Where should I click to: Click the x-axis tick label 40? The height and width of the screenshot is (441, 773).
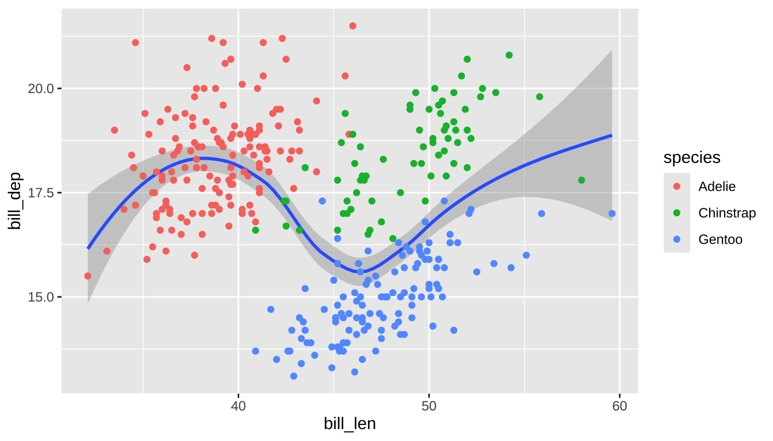coord(238,406)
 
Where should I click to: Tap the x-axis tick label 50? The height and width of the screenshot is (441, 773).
coord(429,406)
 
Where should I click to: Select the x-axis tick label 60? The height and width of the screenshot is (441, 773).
coord(619,406)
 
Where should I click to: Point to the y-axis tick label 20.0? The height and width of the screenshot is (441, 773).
coord(40,88)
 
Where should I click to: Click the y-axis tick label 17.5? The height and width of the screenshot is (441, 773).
coord(40,193)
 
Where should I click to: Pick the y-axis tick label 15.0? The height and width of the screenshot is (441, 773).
coord(40,297)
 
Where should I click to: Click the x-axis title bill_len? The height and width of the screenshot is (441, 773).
coord(350,424)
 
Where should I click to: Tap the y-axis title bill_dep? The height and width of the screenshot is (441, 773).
coord(16,201)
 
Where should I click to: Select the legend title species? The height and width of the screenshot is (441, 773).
coord(692,157)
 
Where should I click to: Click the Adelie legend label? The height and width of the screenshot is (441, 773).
coord(717,187)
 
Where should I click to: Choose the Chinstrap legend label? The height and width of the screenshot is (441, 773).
coord(727,213)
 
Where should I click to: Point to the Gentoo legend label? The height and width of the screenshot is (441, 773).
coord(720,239)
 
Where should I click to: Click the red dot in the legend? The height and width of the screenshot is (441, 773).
coord(677,187)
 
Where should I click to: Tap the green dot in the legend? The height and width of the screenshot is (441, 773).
coord(677,213)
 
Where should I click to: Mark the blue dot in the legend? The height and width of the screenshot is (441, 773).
coord(677,239)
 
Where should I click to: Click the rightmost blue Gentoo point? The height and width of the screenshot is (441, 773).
coord(612,214)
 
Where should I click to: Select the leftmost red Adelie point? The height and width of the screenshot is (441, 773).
coord(87,276)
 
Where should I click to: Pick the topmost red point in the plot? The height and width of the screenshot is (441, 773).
coord(353,26)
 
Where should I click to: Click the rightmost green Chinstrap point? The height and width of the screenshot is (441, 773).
coord(581,180)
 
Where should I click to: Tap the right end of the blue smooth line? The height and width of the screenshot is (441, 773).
coord(611,136)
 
